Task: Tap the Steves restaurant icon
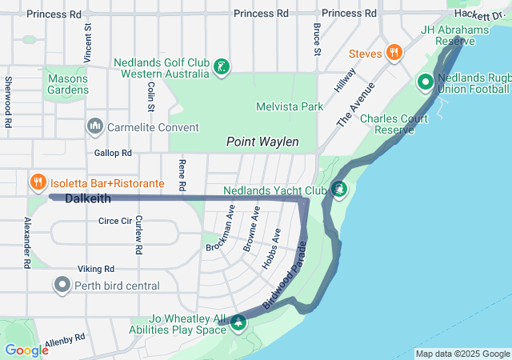394,54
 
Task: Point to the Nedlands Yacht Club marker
339,190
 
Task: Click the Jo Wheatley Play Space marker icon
238,322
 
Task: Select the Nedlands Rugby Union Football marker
425,82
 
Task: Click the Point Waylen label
262,142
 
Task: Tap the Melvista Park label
289,106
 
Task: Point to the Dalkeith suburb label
87,198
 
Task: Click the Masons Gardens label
67,84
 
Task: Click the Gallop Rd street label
113,152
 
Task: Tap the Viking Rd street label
96,269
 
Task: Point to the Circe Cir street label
114,221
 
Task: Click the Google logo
26,350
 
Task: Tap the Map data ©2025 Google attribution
462,354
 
